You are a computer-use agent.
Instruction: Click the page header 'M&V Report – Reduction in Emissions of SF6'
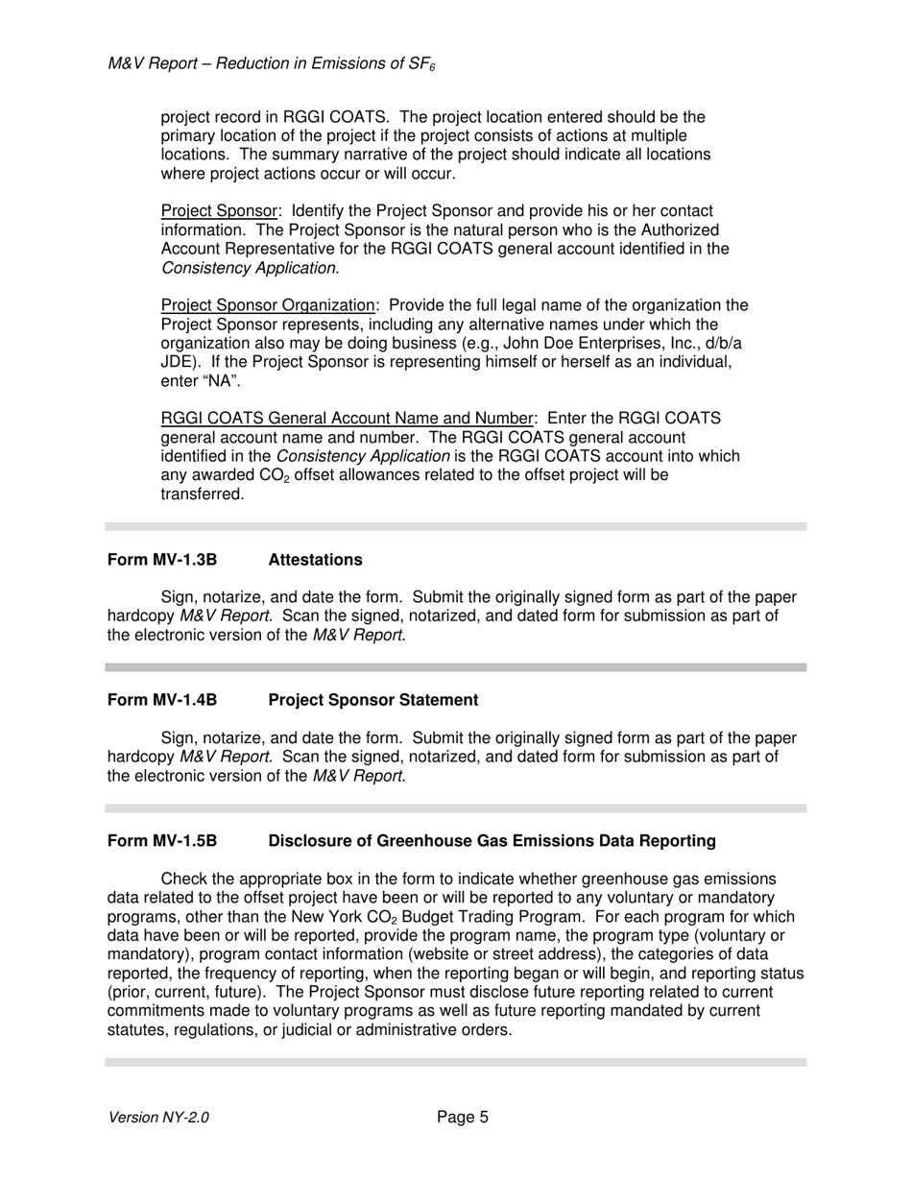click(273, 64)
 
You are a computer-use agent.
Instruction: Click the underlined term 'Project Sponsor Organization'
click(268, 305)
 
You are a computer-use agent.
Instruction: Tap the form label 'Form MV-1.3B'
click(162, 560)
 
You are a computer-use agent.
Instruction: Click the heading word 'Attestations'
click(315, 560)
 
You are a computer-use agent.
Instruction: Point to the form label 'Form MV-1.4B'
click(162, 700)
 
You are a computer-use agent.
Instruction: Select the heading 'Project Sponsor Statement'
click(372, 700)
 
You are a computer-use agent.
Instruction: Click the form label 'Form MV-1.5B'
click(162, 841)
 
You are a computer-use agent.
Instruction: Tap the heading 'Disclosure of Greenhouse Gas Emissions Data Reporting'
click(492, 841)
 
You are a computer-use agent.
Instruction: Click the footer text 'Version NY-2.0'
click(159, 1117)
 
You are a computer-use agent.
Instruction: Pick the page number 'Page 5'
click(463, 1117)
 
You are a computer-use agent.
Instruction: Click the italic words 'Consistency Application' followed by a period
click(249, 268)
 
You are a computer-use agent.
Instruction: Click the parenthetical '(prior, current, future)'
click(190, 993)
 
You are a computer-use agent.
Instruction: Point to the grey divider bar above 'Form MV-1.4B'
click(456, 666)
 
